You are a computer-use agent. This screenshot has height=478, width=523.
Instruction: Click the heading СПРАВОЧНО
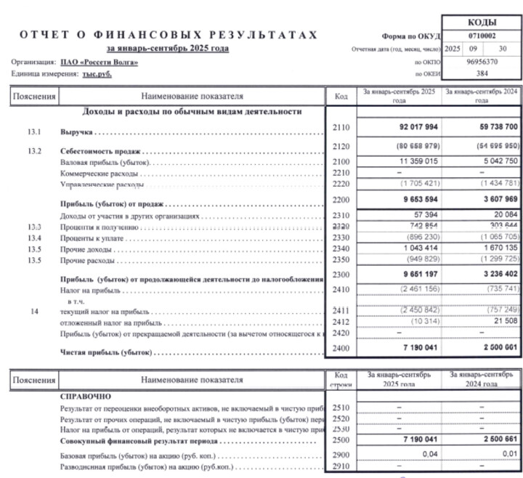point(85,397)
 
